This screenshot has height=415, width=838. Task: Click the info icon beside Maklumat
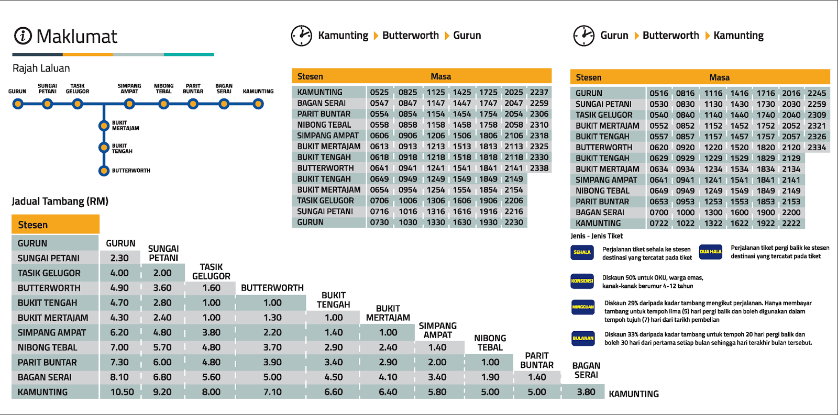(23, 36)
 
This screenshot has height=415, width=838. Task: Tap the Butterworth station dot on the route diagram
(104, 171)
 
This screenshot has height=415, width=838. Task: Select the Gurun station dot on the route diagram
(18, 104)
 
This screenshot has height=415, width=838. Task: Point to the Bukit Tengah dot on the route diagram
(104, 148)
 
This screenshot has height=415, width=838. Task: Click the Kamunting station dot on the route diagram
(258, 104)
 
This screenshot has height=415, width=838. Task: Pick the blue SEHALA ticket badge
(582, 252)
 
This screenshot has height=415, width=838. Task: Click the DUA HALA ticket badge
(710, 252)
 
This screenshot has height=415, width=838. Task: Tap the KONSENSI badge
(582, 281)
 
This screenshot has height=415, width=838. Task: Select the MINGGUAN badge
(582, 307)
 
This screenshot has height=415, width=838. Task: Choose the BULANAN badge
(582, 338)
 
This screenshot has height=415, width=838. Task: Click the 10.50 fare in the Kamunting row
(122, 392)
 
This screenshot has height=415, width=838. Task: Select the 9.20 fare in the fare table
(162, 392)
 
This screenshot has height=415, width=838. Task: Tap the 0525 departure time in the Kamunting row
(379, 92)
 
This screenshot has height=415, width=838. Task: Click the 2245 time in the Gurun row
(817, 93)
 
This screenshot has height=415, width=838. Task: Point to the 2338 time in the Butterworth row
(539, 168)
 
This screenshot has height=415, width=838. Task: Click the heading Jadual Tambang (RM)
(60, 201)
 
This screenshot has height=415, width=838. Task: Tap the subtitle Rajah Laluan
(41, 68)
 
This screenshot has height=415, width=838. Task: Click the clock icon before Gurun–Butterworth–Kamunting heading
(583, 36)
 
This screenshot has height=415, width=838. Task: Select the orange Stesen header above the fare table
(56, 225)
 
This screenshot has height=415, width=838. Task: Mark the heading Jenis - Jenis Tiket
(597, 236)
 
